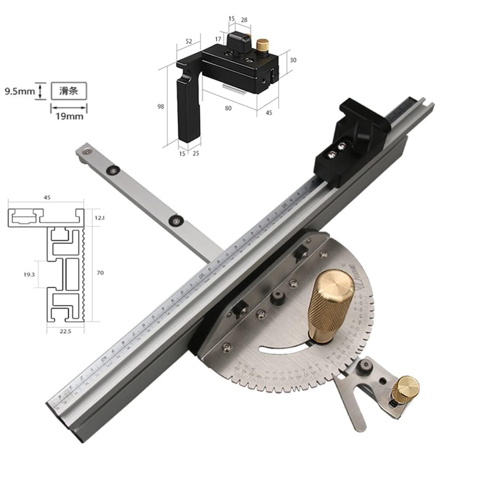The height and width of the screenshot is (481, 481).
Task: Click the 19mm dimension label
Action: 69,116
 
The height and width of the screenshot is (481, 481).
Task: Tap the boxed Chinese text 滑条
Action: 69,92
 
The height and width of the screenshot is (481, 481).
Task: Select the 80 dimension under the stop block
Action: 228,109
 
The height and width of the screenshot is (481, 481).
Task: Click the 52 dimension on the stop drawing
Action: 189,41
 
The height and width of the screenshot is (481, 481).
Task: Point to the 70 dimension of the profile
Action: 100,273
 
